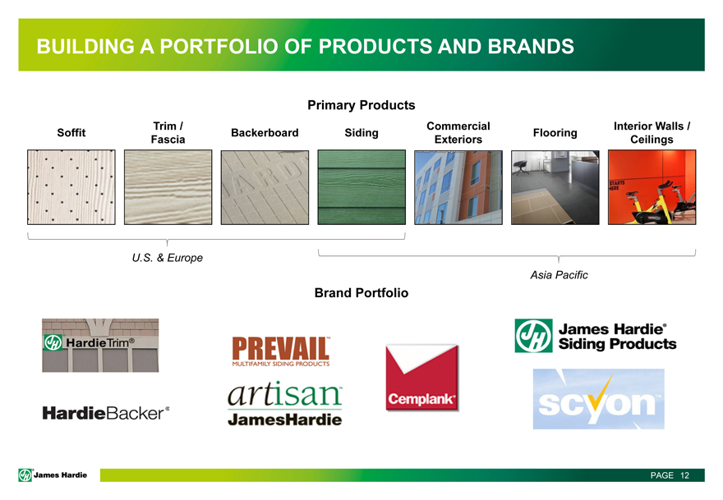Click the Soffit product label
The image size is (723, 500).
[71, 133]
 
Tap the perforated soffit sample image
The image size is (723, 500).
[71, 187]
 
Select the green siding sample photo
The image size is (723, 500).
[361, 187]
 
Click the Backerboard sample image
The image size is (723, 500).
[265, 187]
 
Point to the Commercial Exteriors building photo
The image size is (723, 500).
[458, 187]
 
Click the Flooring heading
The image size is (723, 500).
[555, 133]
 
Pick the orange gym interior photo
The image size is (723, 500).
[652, 187]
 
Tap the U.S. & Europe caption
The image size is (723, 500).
[168, 258]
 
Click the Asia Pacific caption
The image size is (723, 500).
[559, 275]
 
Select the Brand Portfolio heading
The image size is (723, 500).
[361, 293]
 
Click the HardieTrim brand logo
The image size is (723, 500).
[100, 345]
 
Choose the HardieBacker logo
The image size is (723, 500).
[106, 413]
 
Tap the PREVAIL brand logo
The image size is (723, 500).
[281, 351]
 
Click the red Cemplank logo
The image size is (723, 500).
[422, 378]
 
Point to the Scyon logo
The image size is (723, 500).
[598, 399]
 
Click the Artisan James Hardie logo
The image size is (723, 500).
[285, 404]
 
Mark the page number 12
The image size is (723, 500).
[684, 475]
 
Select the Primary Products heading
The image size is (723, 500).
[361, 105]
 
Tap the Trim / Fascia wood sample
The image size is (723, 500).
[168, 187]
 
